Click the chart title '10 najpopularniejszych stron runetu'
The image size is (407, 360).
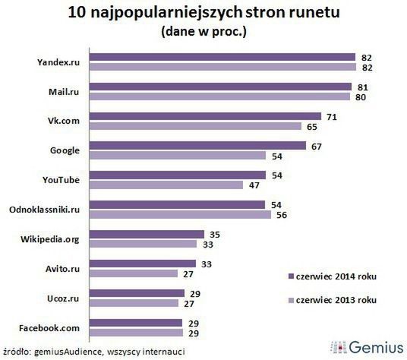click(x=203, y=13)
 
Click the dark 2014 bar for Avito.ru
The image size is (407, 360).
click(x=151, y=264)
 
